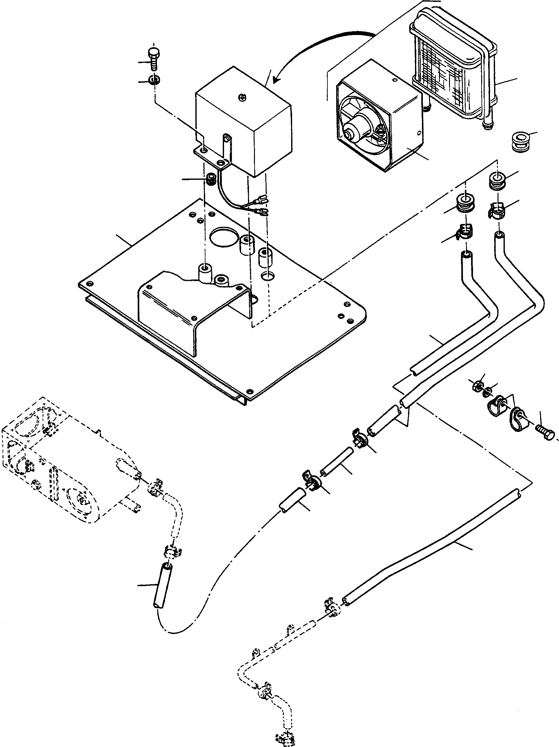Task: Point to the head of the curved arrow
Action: [x=277, y=80]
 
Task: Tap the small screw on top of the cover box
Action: [x=241, y=97]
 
